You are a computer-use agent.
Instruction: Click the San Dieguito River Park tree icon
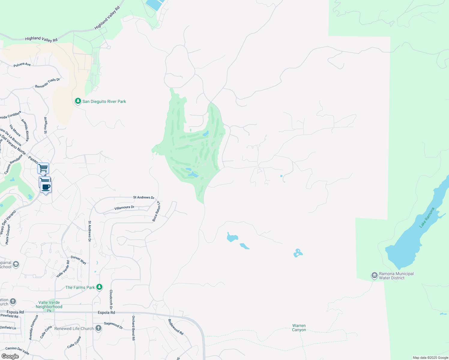(78, 101)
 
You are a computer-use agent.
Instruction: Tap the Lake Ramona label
(427, 217)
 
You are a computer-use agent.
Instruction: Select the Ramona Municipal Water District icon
(374, 275)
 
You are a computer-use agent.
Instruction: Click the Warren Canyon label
(299, 328)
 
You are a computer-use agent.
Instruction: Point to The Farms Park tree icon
(99, 287)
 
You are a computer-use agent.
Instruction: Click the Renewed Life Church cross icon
(98, 328)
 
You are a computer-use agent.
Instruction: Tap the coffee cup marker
(46, 187)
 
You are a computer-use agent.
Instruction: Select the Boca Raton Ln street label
(156, 211)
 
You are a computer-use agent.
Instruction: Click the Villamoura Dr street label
(124, 208)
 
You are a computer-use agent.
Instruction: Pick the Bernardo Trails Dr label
(47, 83)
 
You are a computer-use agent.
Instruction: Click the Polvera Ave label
(22, 64)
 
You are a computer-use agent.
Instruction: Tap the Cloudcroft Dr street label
(111, 299)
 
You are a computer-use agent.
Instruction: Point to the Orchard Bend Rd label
(133, 328)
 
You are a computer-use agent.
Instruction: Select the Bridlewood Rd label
(176, 327)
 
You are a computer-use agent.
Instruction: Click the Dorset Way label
(79, 260)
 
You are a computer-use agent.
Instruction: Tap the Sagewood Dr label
(113, 325)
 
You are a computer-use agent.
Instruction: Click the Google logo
(10, 356)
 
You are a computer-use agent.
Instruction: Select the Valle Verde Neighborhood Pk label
(49, 306)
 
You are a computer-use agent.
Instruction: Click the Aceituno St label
(46, 125)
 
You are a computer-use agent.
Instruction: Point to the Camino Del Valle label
(17, 350)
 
